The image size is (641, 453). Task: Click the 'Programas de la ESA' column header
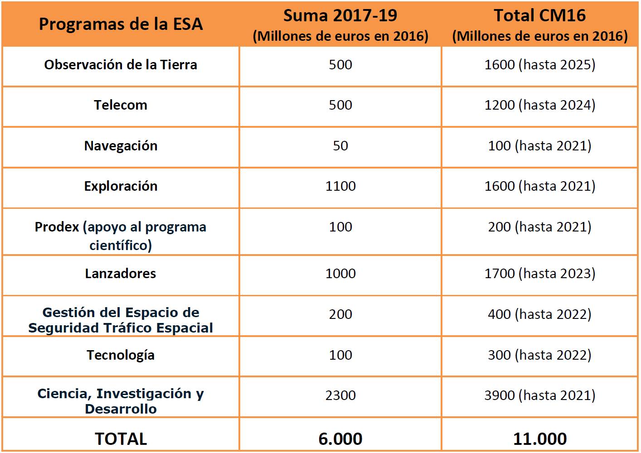pos(121,24)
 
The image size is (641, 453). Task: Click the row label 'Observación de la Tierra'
pos(121,65)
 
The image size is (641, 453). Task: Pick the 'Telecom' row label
pos(121,105)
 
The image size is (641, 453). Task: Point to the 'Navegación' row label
pos(121,146)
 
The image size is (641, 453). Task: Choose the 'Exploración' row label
pos(121,187)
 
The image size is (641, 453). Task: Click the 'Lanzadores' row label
pos(121,274)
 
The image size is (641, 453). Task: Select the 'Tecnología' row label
pos(121,356)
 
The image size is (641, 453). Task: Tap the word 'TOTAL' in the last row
pos(121,439)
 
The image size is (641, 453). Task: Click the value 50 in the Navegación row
pos(340,146)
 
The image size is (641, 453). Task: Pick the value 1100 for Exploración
pos(340,186)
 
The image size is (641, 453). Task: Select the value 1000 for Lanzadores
pos(340,274)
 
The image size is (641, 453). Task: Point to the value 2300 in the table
pos(340,395)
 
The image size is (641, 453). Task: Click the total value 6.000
pos(340,439)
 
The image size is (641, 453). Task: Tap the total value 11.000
pos(540,439)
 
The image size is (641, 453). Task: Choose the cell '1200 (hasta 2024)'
pos(540,105)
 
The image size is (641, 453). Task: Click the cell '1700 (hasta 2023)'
pos(540,274)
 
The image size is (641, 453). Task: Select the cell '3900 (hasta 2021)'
pos(540,395)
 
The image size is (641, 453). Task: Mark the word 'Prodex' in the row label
pos(57,227)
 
